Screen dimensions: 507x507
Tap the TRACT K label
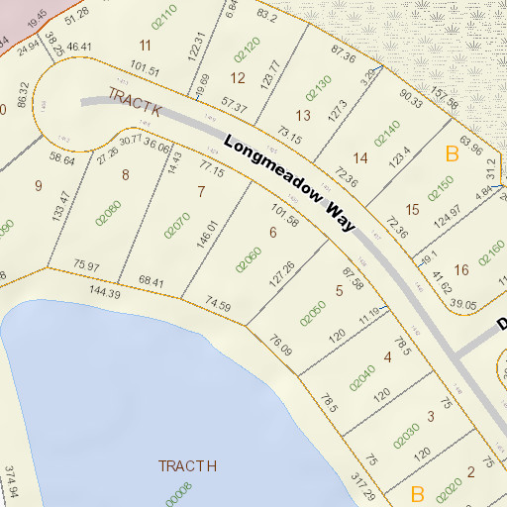[x=134, y=104]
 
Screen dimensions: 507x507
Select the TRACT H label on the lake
[x=187, y=465]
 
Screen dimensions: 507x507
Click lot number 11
[x=147, y=45]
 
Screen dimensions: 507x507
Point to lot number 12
[x=238, y=77]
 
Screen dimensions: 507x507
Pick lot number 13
[x=303, y=115]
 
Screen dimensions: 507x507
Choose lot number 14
[x=360, y=158]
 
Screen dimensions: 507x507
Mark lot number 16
[x=461, y=269]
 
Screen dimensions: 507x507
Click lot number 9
[x=39, y=185]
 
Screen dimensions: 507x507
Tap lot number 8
[x=125, y=175]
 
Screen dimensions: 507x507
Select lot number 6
[x=272, y=233]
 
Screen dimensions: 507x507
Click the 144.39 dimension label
[x=105, y=293]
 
